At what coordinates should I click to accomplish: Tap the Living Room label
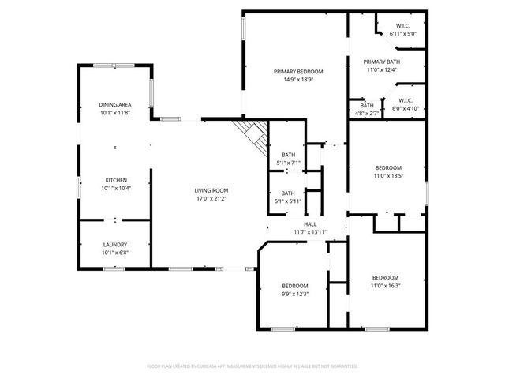coord(211,190)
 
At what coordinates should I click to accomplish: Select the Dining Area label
coord(114,104)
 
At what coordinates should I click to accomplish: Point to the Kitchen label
coord(114,180)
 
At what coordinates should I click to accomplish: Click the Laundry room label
coord(114,245)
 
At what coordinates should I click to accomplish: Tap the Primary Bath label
coord(382,62)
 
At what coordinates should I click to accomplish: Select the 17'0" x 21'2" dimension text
coord(211,198)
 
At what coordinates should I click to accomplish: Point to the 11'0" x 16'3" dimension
coord(385,286)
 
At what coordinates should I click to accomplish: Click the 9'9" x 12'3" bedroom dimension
coord(295,294)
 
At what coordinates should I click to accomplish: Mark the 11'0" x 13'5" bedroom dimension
coord(388,176)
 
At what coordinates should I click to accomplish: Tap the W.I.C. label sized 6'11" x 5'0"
coord(402,34)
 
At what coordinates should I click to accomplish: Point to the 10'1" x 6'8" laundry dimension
coord(114,253)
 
